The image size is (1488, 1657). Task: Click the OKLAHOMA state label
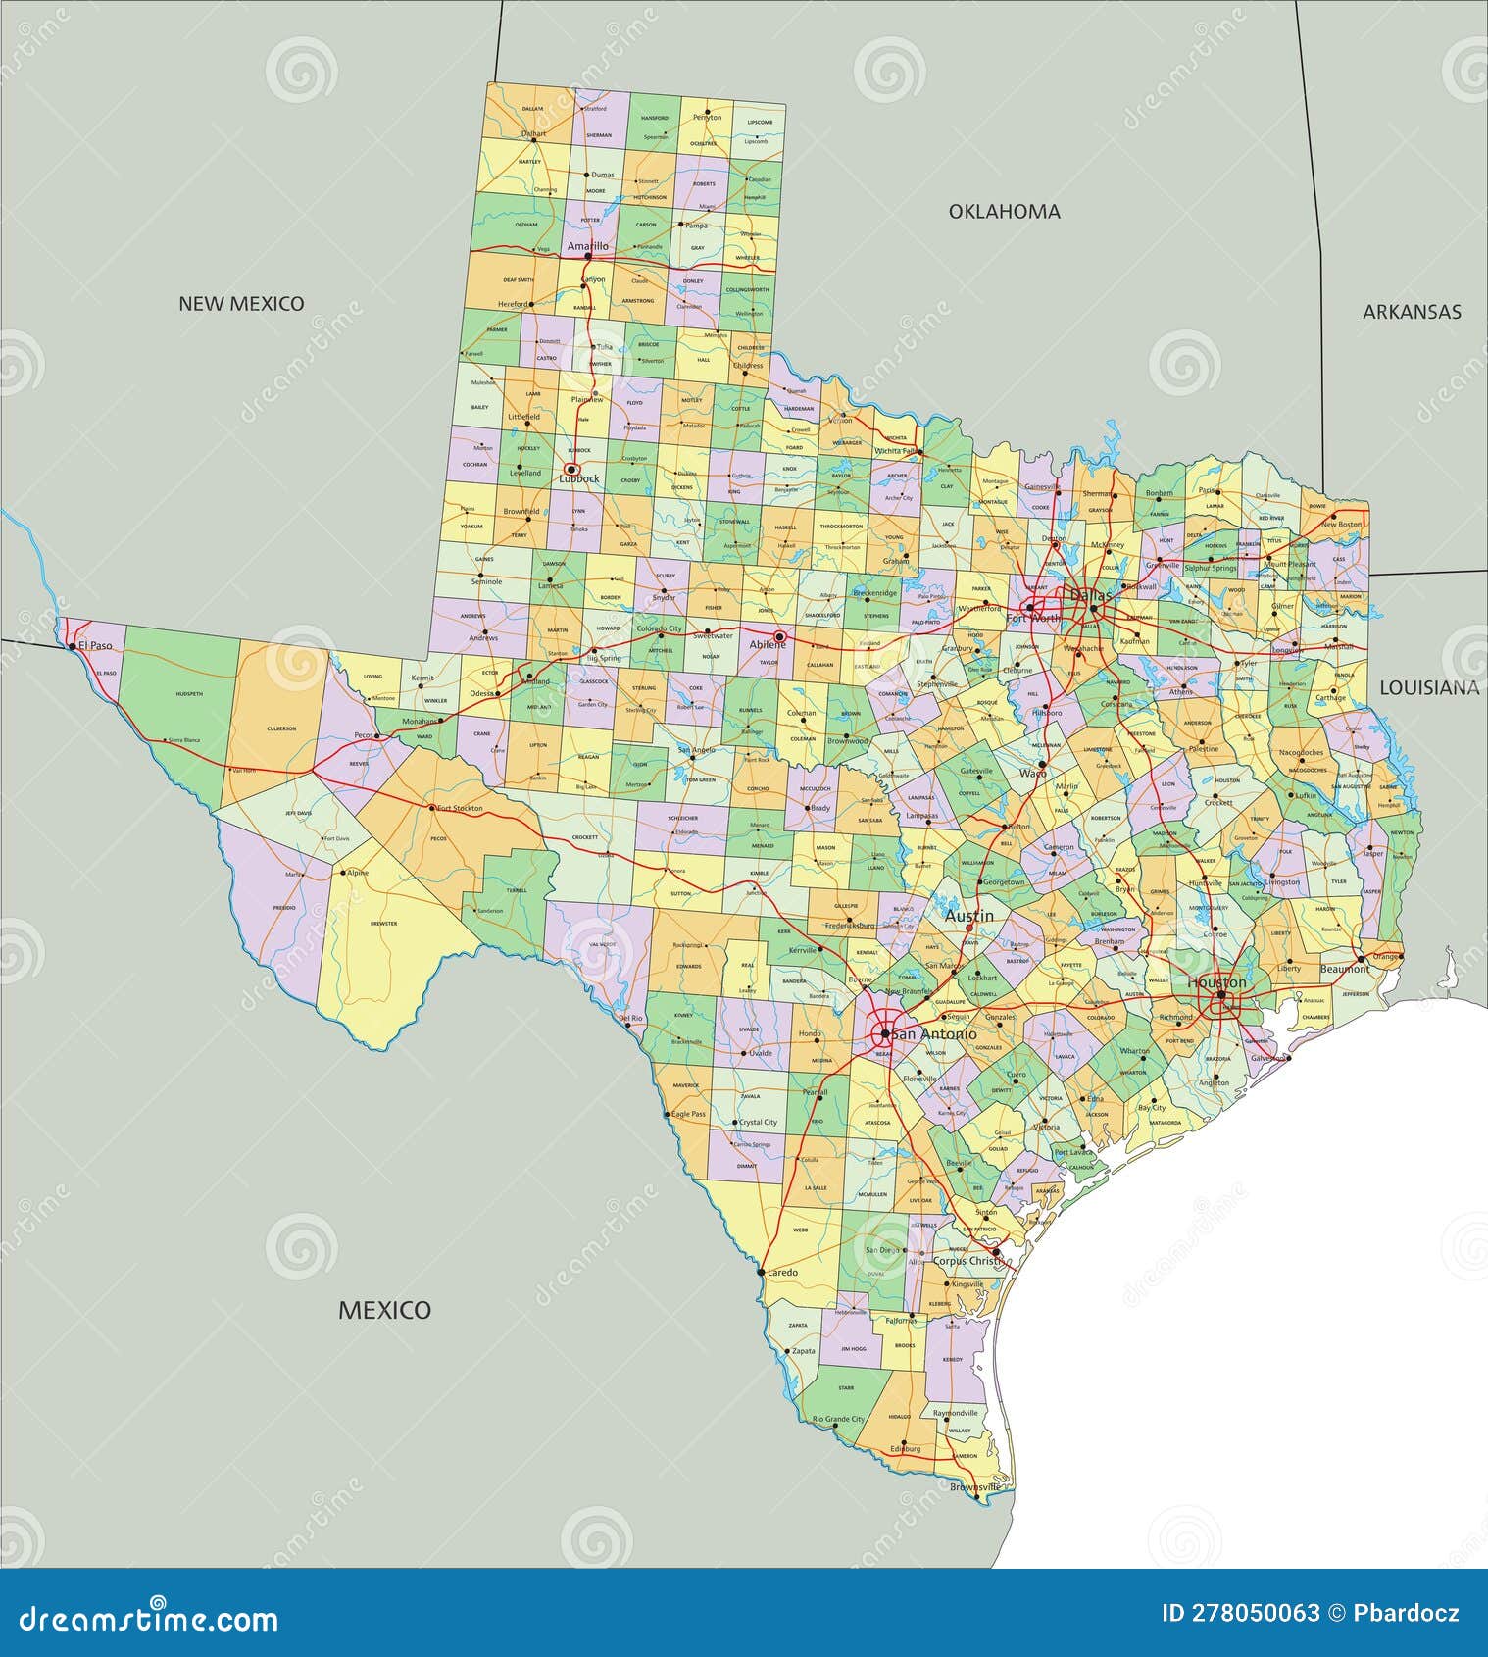(1004, 212)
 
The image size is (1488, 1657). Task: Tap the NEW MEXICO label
(241, 304)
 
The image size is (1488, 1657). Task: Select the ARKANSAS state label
(1412, 312)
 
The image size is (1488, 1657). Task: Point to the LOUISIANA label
(1429, 688)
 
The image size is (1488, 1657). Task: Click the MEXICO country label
(384, 1310)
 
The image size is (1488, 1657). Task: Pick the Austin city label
(968, 916)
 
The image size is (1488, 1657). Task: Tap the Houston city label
(1216, 982)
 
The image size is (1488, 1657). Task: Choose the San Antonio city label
(934, 1034)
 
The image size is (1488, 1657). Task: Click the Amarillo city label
(587, 246)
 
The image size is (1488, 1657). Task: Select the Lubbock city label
(578, 479)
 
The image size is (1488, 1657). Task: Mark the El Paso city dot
(72, 646)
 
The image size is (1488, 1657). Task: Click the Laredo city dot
(762, 1272)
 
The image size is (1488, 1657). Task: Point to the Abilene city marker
(780, 635)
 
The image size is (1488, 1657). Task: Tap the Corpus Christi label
(967, 1261)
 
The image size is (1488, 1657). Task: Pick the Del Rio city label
(630, 1018)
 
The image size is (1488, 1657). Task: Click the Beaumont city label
(1345, 969)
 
